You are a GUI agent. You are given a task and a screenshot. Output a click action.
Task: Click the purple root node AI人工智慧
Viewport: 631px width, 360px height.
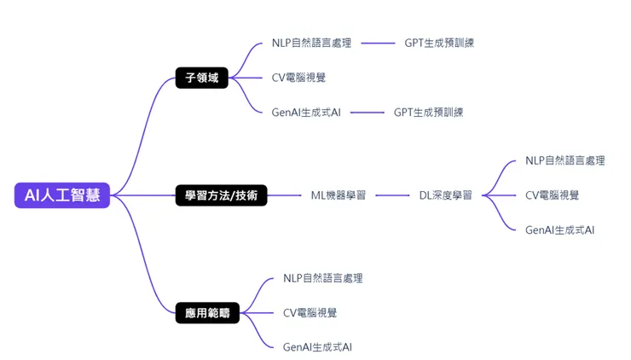61,195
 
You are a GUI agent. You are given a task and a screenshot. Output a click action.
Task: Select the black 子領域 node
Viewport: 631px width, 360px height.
202,78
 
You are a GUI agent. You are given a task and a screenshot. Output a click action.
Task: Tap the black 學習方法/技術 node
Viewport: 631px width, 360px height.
221,195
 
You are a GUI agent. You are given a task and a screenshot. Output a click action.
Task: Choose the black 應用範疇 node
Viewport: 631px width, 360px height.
207,312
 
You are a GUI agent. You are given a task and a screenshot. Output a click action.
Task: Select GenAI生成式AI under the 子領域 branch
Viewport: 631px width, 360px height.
306,112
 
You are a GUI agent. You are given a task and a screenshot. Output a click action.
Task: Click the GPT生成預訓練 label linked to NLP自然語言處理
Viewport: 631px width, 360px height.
439,43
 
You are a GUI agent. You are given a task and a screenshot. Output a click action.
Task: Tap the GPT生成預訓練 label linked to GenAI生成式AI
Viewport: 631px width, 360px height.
428,112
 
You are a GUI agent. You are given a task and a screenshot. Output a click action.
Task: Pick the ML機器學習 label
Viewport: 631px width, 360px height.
339,195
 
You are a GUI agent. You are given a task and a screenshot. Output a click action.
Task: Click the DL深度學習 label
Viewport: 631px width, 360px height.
445,195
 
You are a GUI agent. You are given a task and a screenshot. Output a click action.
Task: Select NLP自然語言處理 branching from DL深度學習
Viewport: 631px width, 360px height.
564,160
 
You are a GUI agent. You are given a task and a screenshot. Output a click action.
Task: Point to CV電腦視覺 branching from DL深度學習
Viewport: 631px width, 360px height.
552,195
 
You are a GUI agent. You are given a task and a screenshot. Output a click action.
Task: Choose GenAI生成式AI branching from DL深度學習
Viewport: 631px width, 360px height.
559,229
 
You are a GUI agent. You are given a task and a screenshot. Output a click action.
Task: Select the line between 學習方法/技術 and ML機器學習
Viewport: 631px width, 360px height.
285,195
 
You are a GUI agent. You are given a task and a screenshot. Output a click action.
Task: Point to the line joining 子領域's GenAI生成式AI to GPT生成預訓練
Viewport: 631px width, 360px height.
367,112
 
